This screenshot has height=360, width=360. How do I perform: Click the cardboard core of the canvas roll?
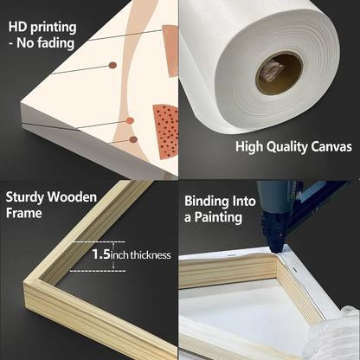(279, 74)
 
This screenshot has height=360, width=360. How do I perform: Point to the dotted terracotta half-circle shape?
(164, 130)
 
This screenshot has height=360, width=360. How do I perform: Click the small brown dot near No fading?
(112, 65)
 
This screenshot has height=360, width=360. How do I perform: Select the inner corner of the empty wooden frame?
(54, 279)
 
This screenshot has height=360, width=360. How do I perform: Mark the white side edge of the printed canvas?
(52, 138)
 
